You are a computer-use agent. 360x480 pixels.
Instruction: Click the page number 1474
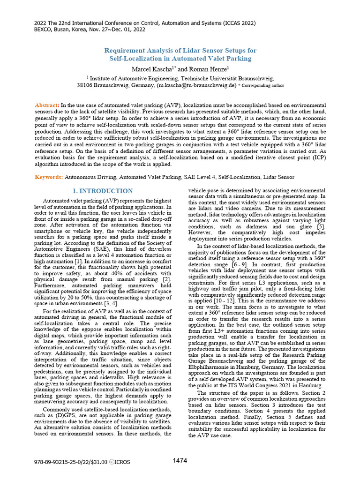(x=180, y=460)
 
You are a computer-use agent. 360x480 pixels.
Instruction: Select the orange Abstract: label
(x=47, y=105)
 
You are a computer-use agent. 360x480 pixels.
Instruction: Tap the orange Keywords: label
(x=49, y=177)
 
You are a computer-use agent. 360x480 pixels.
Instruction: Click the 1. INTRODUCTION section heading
(x=103, y=191)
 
